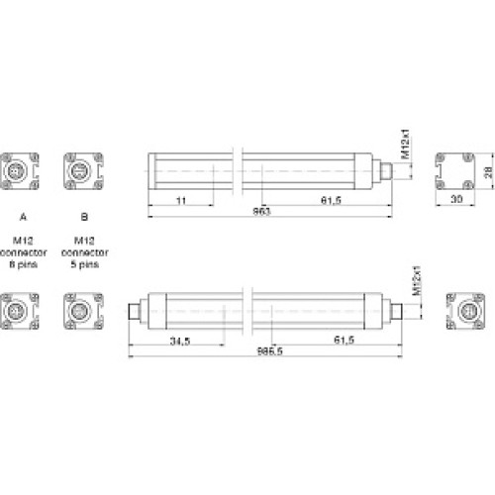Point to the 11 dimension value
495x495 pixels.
pyautogui.click(x=180, y=200)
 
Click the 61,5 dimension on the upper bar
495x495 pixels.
pyautogui.click(x=331, y=200)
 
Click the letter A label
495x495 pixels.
pyautogui.click(x=21, y=215)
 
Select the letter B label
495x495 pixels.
pyautogui.click(x=84, y=215)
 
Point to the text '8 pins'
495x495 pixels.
pyautogui.click(x=21, y=265)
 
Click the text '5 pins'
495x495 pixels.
pyautogui.click(x=84, y=265)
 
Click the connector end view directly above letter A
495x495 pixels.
pyautogui.click(x=21, y=170)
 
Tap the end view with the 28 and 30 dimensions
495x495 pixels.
pyautogui.click(x=456, y=170)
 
